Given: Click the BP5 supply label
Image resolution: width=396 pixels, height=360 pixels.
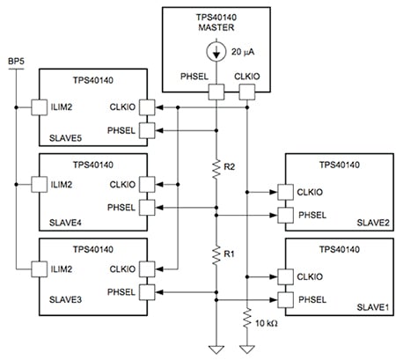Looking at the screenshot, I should (x=15, y=60).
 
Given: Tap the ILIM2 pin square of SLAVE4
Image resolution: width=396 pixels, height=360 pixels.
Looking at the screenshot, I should (x=39, y=186).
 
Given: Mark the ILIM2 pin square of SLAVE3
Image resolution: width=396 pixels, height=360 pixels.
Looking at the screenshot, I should (x=39, y=268).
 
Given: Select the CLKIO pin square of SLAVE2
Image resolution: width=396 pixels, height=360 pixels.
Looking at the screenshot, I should (x=283, y=190).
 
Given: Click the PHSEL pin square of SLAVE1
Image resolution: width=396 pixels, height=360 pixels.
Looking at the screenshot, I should (x=283, y=299).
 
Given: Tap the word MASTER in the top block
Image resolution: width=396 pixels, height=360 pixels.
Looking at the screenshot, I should (x=216, y=26).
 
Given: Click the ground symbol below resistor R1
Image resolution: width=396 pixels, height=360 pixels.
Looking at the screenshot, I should (x=216, y=347).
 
